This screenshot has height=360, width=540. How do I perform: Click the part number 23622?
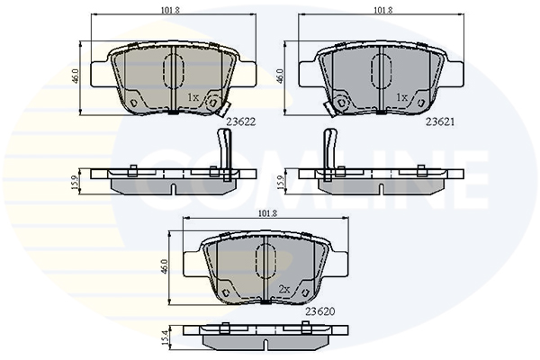pyautogui.click(x=240, y=122)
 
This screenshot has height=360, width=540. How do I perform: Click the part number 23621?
pyautogui.click(x=440, y=122)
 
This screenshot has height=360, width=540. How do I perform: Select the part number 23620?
pyautogui.click(x=319, y=311)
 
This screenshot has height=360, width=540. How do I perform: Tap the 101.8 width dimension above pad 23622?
pyautogui.click(x=170, y=10)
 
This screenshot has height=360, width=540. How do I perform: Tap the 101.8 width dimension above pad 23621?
pyautogui.click(x=383, y=10)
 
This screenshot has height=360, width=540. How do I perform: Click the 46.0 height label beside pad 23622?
pyautogui.click(x=76, y=76)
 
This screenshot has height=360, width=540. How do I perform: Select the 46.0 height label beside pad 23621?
pyautogui.click(x=280, y=76)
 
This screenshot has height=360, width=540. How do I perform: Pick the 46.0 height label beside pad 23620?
pyautogui.click(x=165, y=266)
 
